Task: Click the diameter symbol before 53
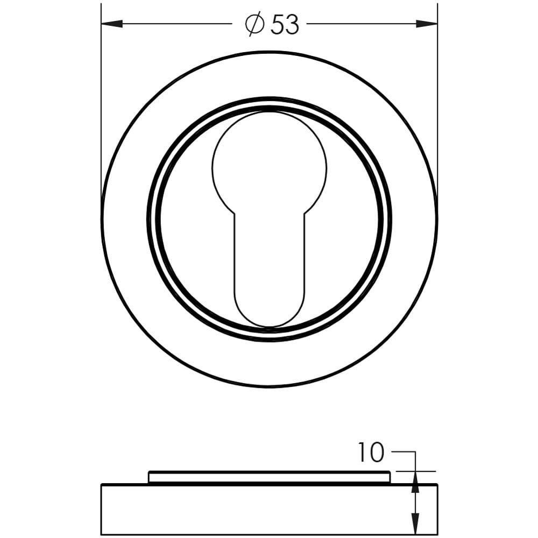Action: [254, 24]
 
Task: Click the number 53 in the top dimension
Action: [285, 24]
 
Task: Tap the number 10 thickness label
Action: [371, 452]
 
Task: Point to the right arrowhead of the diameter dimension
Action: [427, 24]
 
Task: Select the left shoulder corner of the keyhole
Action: [235, 214]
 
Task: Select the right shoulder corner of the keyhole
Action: [305, 214]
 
